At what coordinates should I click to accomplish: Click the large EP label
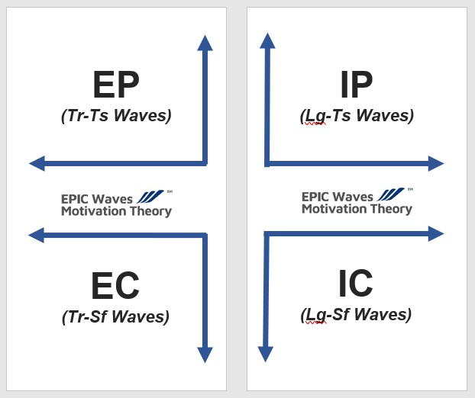click(116, 85)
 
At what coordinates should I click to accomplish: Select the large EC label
click(115, 286)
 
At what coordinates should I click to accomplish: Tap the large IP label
click(356, 85)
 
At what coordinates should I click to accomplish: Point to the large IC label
click(356, 284)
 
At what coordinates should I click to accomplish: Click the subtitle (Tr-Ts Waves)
click(116, 117)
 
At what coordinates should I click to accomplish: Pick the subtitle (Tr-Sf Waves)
click(115, 317)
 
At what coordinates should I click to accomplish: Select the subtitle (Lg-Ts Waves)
click(357, 116)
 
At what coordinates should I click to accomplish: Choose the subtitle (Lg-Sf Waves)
click(356, 314)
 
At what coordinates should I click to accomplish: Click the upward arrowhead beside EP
click(205, 43)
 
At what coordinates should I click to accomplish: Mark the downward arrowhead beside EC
click(205, 354)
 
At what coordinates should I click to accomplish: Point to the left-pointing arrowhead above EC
click(36, 236)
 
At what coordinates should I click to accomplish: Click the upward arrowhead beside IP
click(266, 40)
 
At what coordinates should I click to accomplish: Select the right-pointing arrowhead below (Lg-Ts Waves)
click(436, 163)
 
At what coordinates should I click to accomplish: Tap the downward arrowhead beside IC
click(265, 353)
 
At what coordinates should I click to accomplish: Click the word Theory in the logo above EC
click(150, 211)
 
